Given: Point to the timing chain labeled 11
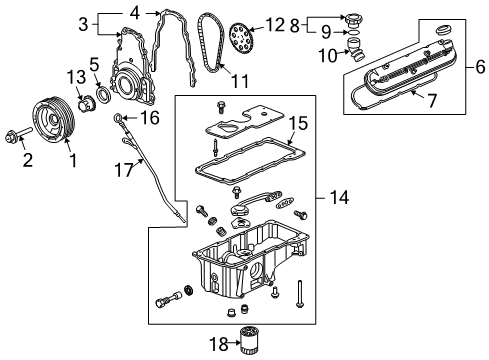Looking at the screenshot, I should (209, 45).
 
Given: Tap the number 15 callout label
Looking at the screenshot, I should (297, 125).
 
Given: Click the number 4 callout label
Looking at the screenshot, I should (133, 13).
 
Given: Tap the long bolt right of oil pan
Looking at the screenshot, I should (299, 293).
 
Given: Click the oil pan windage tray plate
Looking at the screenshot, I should (232, 129).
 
